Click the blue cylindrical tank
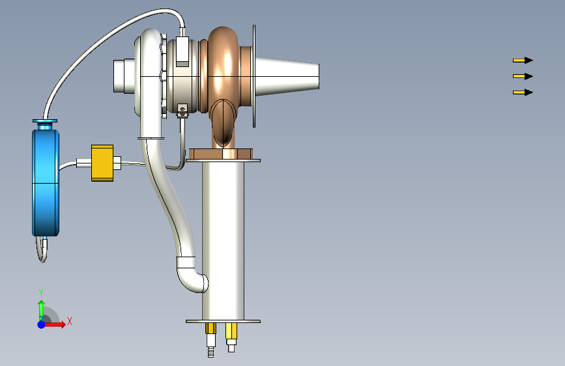(46, 183)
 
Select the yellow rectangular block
(102, 163)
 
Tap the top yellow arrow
(523, 60)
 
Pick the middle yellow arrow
(523, 76)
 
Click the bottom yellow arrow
(523, 92)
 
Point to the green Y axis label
(41, 292)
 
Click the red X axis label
(70, 321)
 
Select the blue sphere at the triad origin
(42, 324)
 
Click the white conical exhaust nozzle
(287, 76)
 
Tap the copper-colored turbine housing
(224, 72)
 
